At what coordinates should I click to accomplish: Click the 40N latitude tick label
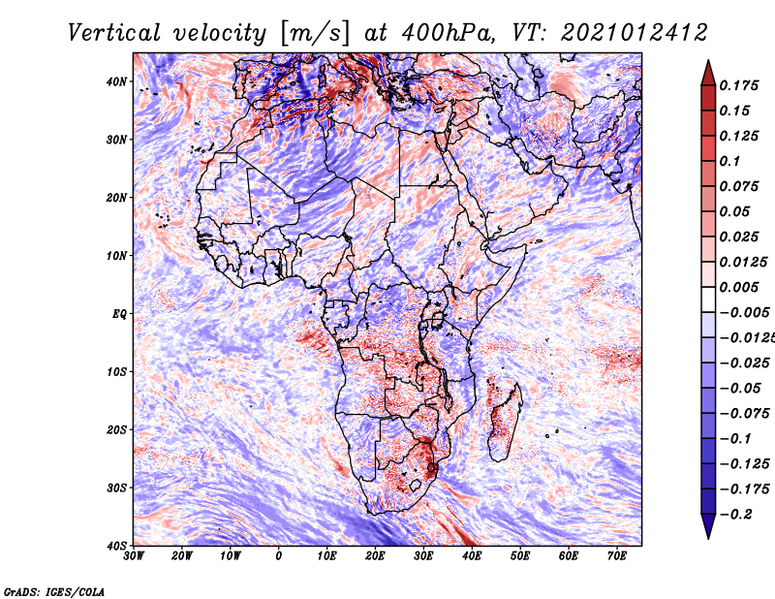click(x=116, y=81)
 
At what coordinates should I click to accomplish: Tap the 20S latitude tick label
click(x=116, y=429)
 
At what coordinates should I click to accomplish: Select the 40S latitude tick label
click(x=116, y=545)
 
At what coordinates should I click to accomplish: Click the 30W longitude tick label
click(x=134, y=556)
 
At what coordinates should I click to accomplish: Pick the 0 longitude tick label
click(x=279, y=556)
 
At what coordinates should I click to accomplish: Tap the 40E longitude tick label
click(x=472, y=556)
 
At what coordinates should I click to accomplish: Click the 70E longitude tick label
click(x=617, y=556)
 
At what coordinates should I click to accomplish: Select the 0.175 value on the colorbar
click(x=738, y=85)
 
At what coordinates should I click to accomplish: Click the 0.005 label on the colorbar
click(x=738, y=287)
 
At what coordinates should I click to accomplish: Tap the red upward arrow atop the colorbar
click(x=708, y=70)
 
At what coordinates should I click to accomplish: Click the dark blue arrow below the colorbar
click(x=708, y=528)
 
